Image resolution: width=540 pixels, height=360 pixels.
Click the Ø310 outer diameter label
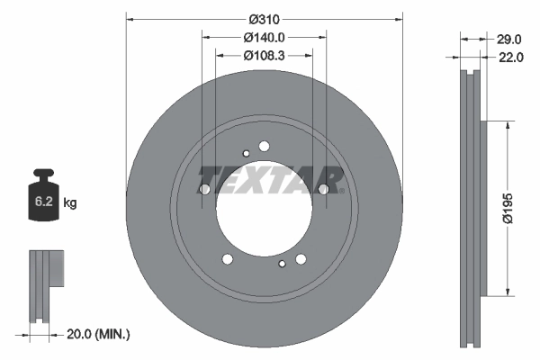point(262,19)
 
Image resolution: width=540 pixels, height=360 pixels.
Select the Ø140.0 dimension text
point(264,38)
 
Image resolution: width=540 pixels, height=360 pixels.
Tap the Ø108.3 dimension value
point(264,56)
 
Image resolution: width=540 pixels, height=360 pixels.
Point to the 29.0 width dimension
point(509,39)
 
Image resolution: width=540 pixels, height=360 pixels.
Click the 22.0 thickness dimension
point(509,58)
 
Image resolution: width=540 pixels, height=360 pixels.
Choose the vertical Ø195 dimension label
point(508,208)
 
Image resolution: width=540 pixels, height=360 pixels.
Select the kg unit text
point(70,203)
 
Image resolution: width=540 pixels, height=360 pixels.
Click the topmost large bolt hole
point(264,146)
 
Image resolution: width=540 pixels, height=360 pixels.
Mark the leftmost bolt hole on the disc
point(203,189)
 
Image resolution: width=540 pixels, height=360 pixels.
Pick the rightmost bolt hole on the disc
point(324,189)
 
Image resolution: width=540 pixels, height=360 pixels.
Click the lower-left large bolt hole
point(227,259)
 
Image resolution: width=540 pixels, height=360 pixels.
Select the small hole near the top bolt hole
point(246,153)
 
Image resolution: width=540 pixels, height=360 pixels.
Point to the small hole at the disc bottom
point(282,264)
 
